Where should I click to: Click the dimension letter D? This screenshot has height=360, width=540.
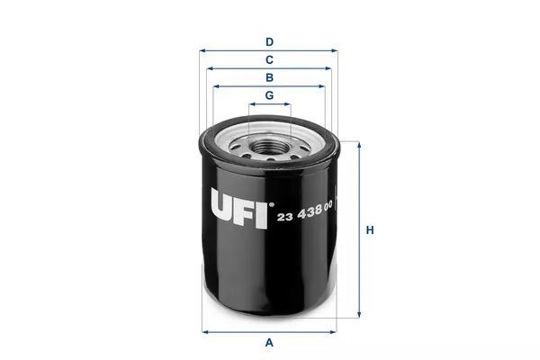click(x=269, y=42)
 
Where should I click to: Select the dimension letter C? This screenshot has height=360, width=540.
click(x=269, y=60)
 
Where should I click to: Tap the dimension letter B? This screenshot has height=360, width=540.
click(x=269, y=77)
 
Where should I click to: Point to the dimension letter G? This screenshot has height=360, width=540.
click(x=269, y=95)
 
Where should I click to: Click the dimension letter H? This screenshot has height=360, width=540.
click(x=370, y=229)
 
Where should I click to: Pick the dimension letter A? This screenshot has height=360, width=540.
click(x=269, y=342)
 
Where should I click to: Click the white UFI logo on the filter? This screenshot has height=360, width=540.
click(x=239, y=209)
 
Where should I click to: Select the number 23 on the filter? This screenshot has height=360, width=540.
click(x=285, y=217)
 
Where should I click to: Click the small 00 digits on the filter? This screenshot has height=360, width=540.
click(x=328, y=206)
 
